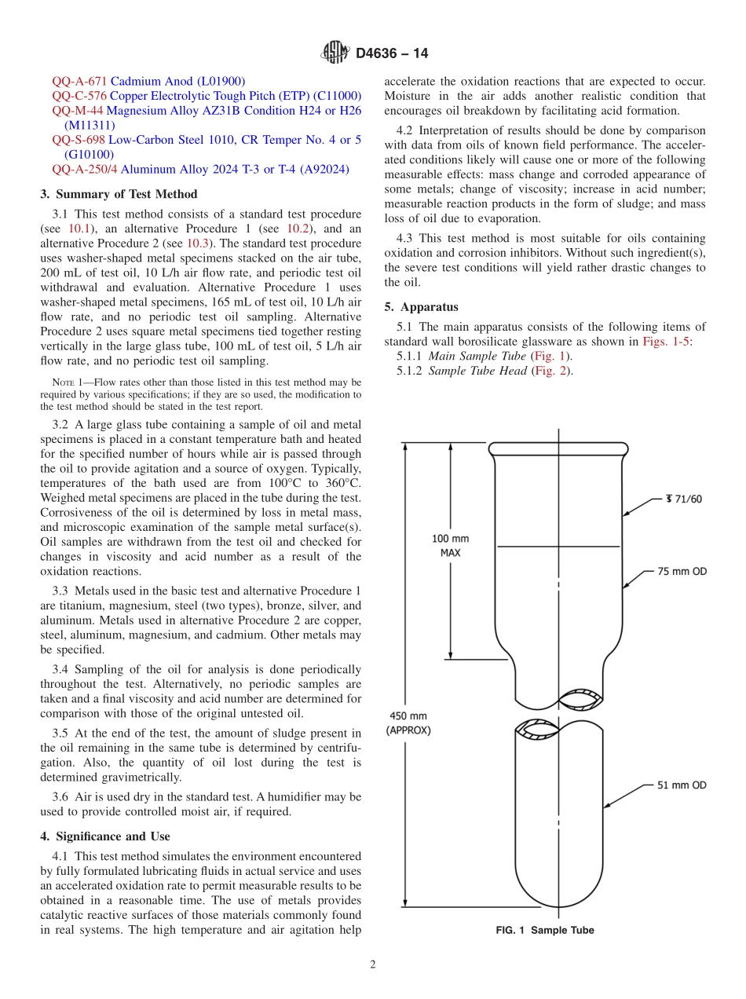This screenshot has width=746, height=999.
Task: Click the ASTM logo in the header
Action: coord(335,53)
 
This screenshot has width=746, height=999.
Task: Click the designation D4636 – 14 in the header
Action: coord(391,54)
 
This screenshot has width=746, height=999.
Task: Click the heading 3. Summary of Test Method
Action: coord(119,194)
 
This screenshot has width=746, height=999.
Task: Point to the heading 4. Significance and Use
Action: coord(104,836)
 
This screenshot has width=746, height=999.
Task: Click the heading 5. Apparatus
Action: coord(421,307)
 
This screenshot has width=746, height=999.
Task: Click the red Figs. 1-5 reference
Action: coord(666,342)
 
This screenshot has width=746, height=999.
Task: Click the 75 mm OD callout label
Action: coord(682,571)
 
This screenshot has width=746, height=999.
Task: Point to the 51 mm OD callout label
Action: coord(682,785)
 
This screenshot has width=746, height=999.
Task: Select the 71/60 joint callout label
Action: coord(683,499)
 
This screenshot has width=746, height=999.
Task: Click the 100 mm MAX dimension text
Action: coord(451,545)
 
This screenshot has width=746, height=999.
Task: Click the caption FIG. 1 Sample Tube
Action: coord(544,930)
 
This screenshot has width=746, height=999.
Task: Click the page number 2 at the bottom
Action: coord(373,964)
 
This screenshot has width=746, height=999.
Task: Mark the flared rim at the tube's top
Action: coord(558,449)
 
